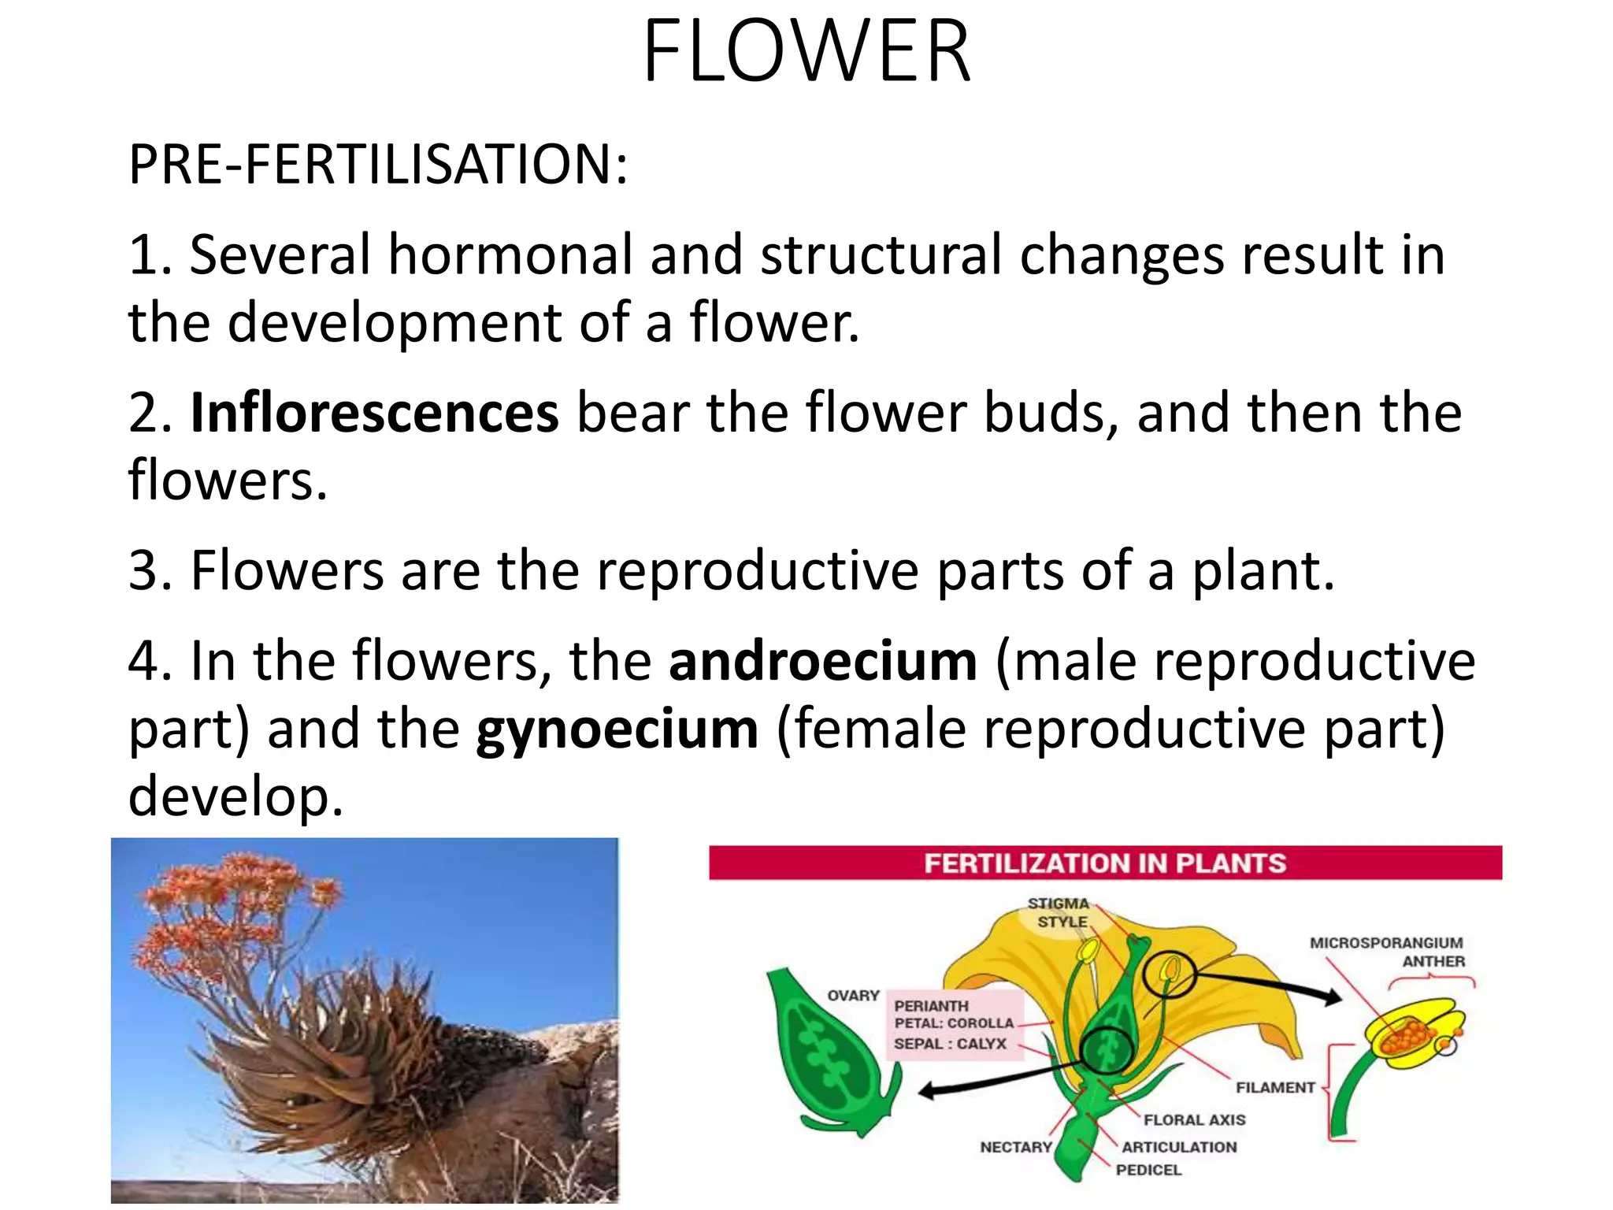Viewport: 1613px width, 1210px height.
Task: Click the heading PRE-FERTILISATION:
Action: pyautogui.click(x=378, y=165)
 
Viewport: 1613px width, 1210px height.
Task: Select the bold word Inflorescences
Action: pyautogui.click(x=374, y=413)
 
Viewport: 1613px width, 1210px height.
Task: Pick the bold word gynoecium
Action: pyautogui.click(x=617, y=729)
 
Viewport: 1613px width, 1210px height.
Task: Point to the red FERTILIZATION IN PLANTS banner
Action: pyautogui.click(x=1104, y=863)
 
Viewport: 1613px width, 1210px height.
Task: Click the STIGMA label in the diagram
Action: pyautogui.click(x=1058, y=904)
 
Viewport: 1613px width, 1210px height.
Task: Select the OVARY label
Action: pyautogui.click(x=852, y=996)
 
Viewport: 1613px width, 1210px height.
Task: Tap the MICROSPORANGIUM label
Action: pyautogui.click(x=1385, y=943)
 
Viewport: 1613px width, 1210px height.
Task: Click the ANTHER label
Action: pyautogui.click(x=1433, y=962)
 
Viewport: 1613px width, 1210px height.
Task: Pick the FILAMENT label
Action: pyautogui.click(x=1274, y=1088)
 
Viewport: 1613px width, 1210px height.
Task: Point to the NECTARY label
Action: pyautogui.click(x=1015, y=1147)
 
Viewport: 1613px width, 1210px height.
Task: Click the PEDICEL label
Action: pyautogui.click(x=1148, y=1171)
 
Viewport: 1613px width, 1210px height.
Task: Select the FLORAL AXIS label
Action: pyautogui.click(x=1194, y=1120)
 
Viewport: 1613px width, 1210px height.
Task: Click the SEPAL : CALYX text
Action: pyautogui.click(x=950, y=1044)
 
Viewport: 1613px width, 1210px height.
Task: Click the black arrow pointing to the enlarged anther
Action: pyautogui.click(x=1268, y=985)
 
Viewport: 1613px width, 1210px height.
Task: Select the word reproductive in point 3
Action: pyautogui.click(x=757, y=570)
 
